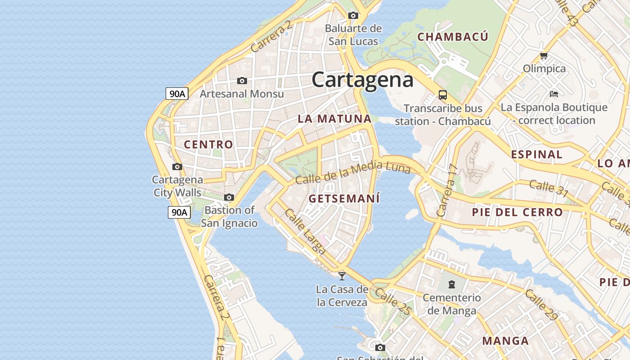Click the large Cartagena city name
[362, 80]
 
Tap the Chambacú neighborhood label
[453, 37]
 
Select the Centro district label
[208, 144]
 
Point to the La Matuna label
[334, 119]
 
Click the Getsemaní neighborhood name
[344, 198]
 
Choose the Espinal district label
[536, 154]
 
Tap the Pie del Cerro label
[517, 212]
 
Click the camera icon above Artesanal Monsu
[242, 81]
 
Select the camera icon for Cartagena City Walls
[177, 166]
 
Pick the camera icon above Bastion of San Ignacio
[229, 197]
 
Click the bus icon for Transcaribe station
[443, 95]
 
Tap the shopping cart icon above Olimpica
[544, 56]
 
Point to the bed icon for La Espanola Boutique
[554, 94]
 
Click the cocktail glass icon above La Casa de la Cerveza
[342, 276]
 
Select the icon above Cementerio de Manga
[451, 284]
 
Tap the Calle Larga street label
[305, 231]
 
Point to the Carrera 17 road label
[447, 190]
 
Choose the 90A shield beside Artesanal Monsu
[177, 94]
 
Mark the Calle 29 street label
[541, 305]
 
